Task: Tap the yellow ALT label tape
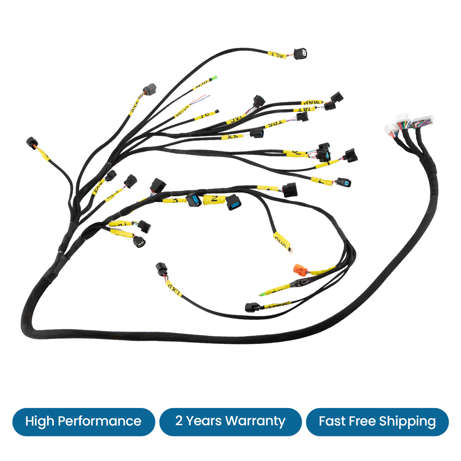[277, 54]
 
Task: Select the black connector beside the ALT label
[301, 54]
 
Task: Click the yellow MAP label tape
[312, 102]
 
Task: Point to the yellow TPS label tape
[275, 124]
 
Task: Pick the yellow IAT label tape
[304, 109]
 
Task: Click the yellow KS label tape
[232, 136]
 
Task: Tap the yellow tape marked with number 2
[214, 199]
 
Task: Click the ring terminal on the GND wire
[291, 251]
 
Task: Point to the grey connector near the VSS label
[150, 89]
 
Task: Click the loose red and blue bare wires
[202, 99]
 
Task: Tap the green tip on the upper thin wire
[214, 78]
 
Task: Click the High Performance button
[84, 422]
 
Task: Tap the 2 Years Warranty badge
[230, 422]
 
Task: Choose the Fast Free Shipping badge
[377, 422]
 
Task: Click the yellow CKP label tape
[174, 288]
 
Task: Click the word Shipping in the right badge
[407, 422]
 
